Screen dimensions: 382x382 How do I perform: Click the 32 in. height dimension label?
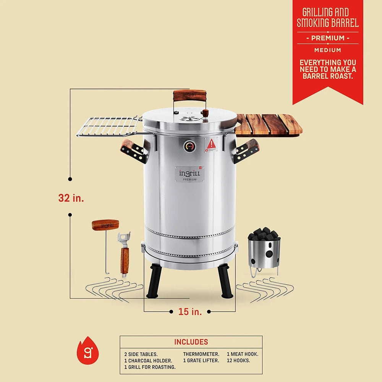tap(71, 198)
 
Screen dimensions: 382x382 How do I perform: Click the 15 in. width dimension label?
tap(190, 311)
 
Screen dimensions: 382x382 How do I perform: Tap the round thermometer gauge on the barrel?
tap(189, 146)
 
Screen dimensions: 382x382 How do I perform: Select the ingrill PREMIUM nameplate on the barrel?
tap(190, 174)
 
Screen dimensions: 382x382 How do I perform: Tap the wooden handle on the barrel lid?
tap(189, 95)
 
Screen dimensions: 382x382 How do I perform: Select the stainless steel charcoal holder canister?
tap(264, 254)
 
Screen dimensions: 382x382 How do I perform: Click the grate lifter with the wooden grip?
tap(124, 254)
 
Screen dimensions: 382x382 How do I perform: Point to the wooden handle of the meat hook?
tap(105, 225)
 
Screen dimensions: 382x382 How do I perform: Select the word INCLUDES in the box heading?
tap(191, 342)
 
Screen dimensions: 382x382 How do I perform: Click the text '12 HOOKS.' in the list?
tap(238, 360)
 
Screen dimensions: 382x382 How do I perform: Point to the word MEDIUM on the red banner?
tap(328, 50)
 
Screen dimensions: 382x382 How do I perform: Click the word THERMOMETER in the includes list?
tap(201, 354)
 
